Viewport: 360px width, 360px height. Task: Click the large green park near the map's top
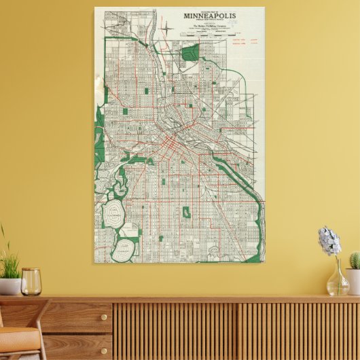pyautogui.click(x=190, y=52)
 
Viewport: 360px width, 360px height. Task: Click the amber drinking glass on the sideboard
pyautogui.click(x=31, y=281)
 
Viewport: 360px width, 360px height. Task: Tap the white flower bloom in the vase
pyautogui.click(x=329, y=242)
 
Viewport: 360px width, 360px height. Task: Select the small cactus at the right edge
pyautogui.click(x=354, y=260)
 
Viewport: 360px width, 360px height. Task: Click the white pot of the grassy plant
pyautogui.click(x=10, y=286)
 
